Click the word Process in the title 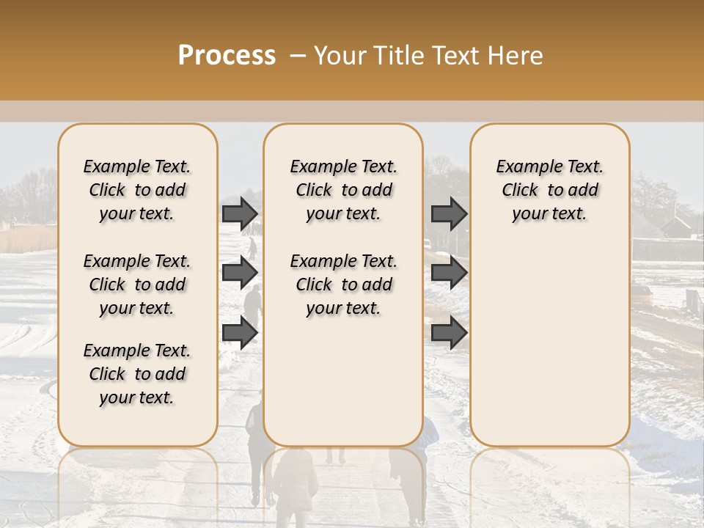click(x=227, y=56)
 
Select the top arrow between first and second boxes click(x=240, y=213)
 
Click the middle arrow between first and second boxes click(x=240, y=273)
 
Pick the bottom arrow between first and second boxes click(x=240, y=333)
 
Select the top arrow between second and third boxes click(x=449, y=213)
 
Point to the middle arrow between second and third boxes click(x=449, y=273)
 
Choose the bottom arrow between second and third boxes click(x=449, y=333)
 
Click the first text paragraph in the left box click(x=137, y=190)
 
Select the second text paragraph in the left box click(x=137, y=285)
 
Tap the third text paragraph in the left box click(x=137, y=374)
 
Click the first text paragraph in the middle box click(x=343, y=190)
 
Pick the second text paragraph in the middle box click(x=343, y=285)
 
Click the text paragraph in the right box click(x=549, y=190)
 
